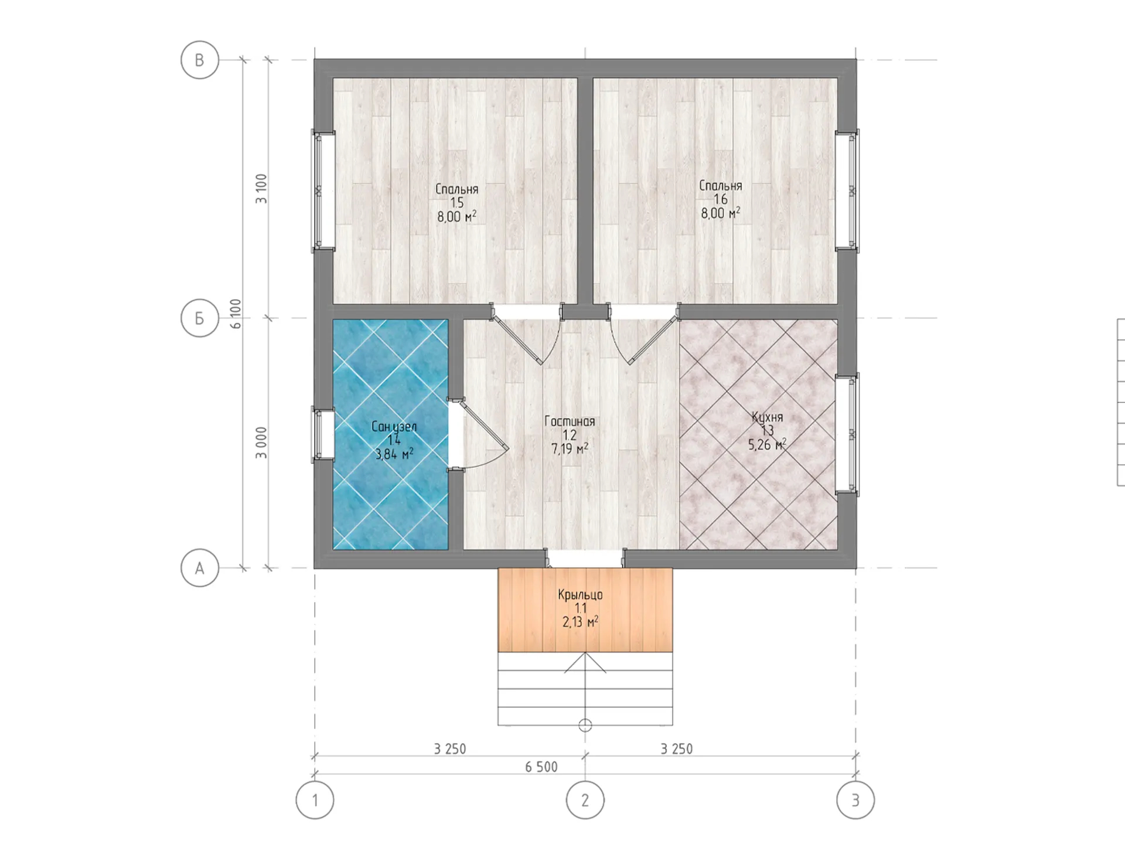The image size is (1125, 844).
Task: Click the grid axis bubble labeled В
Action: pyautogui.click(x=200, y=60)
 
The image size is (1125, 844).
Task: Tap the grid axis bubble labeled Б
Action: pyautogui.click(x=200, y=318)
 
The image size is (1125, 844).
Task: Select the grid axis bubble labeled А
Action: pyautogui.click(x=200, y=568)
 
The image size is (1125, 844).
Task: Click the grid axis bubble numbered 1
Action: pyautogui.click(x=315, y=800)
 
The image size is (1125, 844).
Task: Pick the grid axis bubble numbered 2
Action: pyautogui.click(x=585, y=800)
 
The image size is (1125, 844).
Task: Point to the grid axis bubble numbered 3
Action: pyautogui.click(x=855, y=800)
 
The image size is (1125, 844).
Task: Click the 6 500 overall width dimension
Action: pyautogui.click(x=541, y=767)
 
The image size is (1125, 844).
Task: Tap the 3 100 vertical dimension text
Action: pyautogui.click(x=261, y=189)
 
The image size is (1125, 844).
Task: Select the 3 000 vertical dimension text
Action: pyautogui.click(x=261, y=443)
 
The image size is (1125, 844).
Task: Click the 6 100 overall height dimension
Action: pyautogui.click(x=236, y=314)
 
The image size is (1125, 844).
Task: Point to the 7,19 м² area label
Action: pyautogui.click(x=570, y=449)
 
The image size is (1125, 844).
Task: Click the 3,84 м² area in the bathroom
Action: pyautogui.click(x=394, y=454)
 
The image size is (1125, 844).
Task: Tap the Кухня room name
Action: pyautogui.click(x=768, y=417)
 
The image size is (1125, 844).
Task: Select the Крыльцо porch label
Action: pyautogui.click(x=580, y=595)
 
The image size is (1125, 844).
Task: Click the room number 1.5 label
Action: pyautogui.click(x=457, y=203)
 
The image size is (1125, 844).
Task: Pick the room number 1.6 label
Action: pyautogui.click(x=721, y=199)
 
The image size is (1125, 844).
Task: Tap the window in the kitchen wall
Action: pyautogui.click(x=847, y=434)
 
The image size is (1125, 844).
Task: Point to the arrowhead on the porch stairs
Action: pyautogui.click(x=585, y=662)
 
